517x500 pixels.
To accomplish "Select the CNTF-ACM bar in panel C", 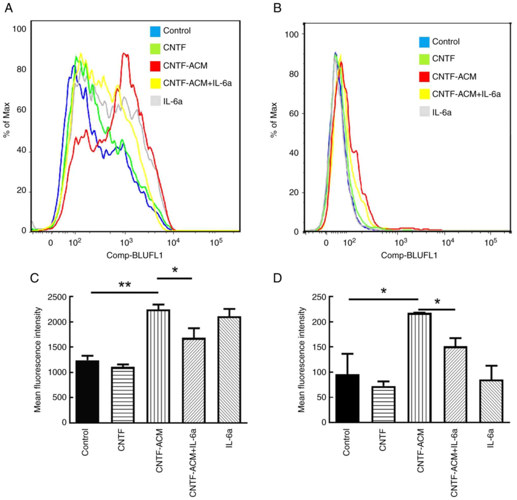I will [158, 366].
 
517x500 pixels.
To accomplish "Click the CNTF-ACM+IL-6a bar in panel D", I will [455, 385].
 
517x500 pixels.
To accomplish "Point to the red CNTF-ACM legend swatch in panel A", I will [155, 66].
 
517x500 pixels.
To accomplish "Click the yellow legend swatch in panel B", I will [424, 94].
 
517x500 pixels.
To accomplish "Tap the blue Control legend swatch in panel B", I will [424, 42].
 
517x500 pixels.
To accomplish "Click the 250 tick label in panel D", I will [319, 297].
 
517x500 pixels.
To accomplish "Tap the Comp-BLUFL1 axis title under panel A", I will [134, 255].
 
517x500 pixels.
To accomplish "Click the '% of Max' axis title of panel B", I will [274, 120].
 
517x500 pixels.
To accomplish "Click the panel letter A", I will [8, 8].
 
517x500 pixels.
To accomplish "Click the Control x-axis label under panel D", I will [346, 442].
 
